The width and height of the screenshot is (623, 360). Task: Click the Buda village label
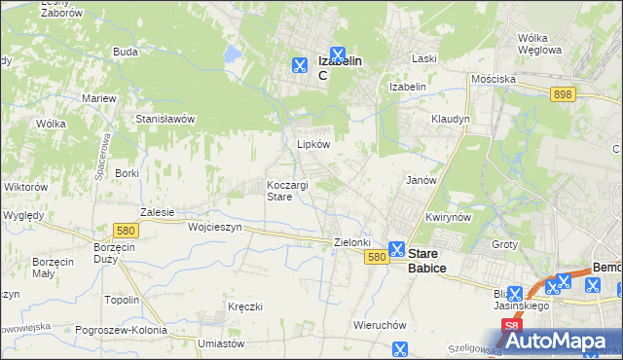coord(125,52)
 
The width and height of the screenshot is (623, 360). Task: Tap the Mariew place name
coord(99,98)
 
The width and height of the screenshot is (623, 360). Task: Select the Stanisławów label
coord(165,119)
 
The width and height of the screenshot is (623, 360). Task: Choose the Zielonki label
coord(352,242)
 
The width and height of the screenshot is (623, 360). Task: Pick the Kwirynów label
coord(448,217)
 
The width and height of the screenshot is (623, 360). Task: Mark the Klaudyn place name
coord(451,119)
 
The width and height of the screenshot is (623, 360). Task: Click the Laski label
coord(423,58)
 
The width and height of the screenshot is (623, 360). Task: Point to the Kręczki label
coord(245,306)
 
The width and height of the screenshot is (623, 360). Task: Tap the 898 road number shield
coord(563,94)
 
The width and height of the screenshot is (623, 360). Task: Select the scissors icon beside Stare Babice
coord(397,249)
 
